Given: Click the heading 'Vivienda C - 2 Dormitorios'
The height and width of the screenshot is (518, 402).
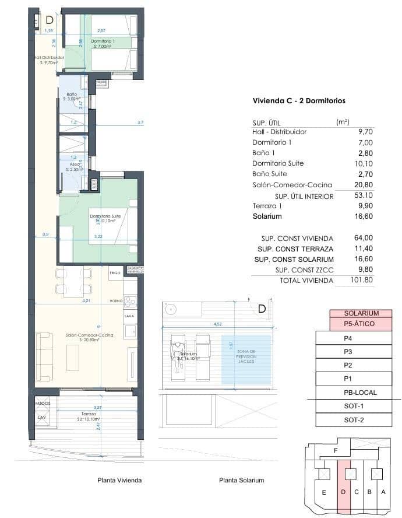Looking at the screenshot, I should (x=298, y=101).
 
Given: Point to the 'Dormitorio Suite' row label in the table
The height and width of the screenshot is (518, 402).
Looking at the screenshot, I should (x=278, y=163).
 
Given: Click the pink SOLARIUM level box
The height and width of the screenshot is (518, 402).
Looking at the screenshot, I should (x=361, y=313).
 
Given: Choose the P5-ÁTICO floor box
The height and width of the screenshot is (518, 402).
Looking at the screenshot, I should (x=361, y=324).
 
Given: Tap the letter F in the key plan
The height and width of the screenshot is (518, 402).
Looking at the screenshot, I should (x=335, y=451).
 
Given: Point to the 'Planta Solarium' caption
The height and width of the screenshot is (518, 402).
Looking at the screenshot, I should (x=241, y=480).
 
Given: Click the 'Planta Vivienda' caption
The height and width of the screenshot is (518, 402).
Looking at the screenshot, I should (x=119, y=480).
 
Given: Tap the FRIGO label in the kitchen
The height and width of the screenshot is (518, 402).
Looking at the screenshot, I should (x=115, y=272).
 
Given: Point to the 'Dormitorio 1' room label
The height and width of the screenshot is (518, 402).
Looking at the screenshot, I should (x=103, y=41).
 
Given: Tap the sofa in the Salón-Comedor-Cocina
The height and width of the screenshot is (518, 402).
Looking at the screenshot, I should (x=44, y=356).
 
